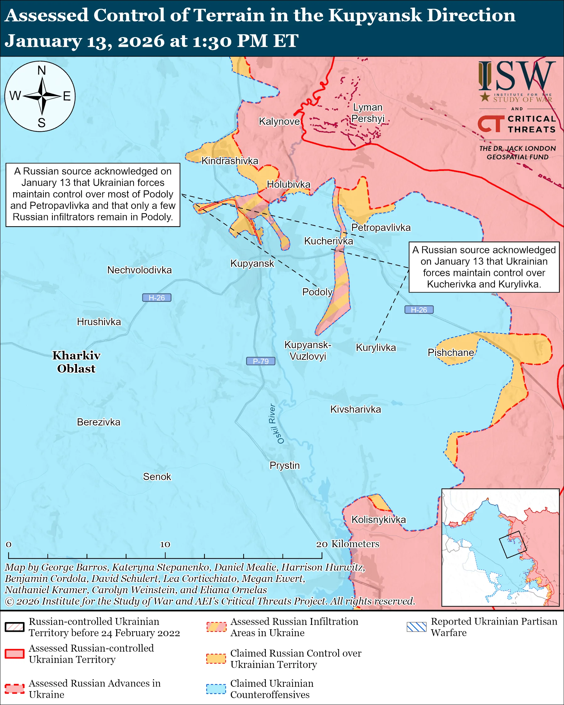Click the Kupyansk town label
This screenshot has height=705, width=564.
pos(252,263)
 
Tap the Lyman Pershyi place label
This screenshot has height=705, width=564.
pos(368,113)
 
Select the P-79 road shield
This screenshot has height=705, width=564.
pos(260,361)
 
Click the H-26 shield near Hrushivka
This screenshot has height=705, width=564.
pos(156,298)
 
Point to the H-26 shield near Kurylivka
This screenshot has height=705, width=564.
pos(419,310)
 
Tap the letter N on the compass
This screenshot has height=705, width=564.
pos(41,71)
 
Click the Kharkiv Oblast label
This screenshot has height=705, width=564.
pos(76,362)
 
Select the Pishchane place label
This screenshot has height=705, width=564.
pos(451,352)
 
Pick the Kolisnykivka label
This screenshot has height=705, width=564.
pos(378,519)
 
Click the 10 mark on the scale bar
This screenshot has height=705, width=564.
pos(165,544)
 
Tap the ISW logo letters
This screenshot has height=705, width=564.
pos(517,77)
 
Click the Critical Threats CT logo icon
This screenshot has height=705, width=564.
pos(491,124)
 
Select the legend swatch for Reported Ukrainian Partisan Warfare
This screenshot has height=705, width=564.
pos(417,627)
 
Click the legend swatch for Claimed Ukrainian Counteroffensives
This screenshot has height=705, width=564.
pos(216,689)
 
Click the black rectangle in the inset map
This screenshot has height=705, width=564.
pos(512,544)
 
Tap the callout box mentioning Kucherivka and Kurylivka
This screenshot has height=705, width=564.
pos(484,267)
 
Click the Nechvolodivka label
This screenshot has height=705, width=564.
pos(139,270)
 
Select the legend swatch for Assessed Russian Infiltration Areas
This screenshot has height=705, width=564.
pos(216,627)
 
